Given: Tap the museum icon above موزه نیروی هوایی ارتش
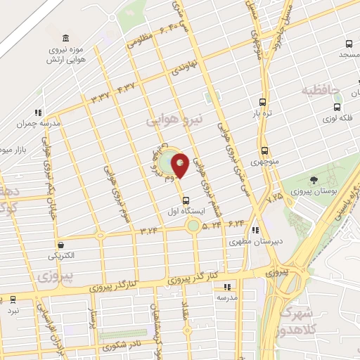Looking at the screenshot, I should [x=65, y=37].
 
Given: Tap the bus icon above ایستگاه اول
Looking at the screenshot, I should [x=184, y=200].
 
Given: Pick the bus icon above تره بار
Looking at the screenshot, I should [x=262, y=101].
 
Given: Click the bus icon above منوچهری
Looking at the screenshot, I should [x=264, y=150].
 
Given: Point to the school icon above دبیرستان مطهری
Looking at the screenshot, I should [x=256, y=229].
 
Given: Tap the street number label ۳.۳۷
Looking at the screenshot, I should [x=98, y=96].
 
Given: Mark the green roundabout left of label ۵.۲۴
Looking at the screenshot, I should [x=192, y=225].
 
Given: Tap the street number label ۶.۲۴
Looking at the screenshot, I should [x=234, y=223].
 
